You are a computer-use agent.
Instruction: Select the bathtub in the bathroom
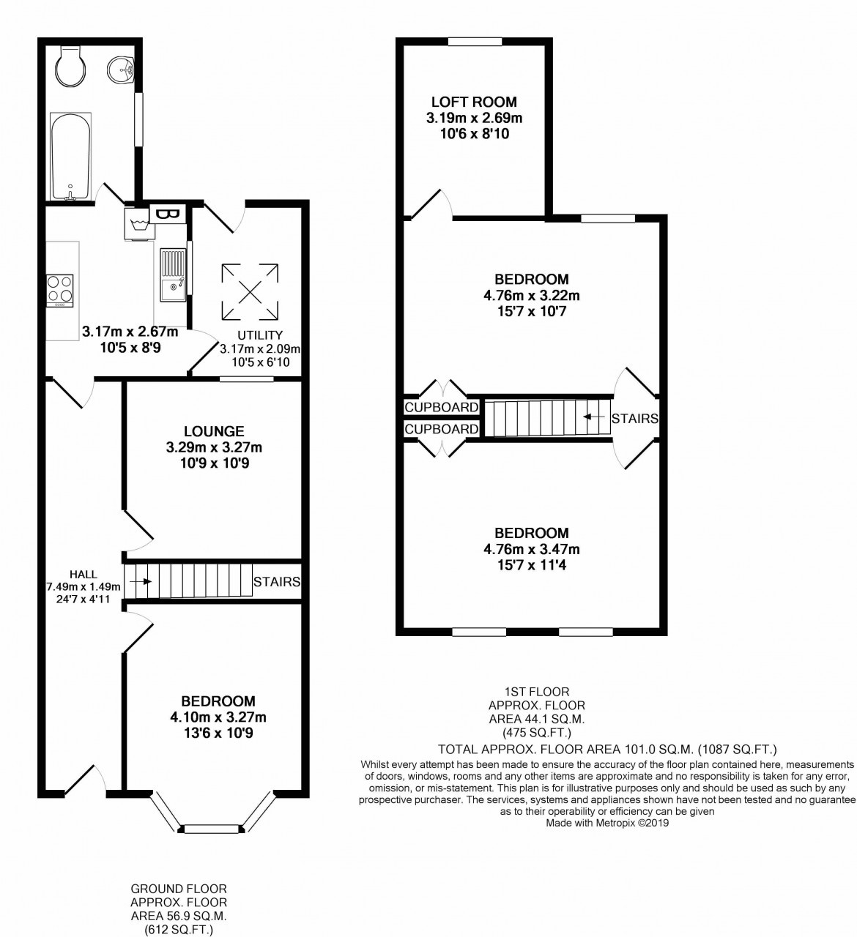tap(70, 156)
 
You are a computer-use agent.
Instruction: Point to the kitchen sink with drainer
tap(174, 275)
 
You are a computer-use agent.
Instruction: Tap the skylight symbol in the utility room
tap(251, 291)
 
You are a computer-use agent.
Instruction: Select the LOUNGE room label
tap(214, 432)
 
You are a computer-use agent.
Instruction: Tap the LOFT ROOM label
tap(474, 102)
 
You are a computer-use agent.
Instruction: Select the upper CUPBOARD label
tap(442, 407)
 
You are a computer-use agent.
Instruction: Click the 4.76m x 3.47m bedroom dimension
tap(531, 549)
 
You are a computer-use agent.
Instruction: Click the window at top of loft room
tap(475, 42)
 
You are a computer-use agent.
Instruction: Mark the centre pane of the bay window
tap(212, 829)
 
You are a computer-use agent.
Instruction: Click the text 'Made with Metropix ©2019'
tap(607, 823)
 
